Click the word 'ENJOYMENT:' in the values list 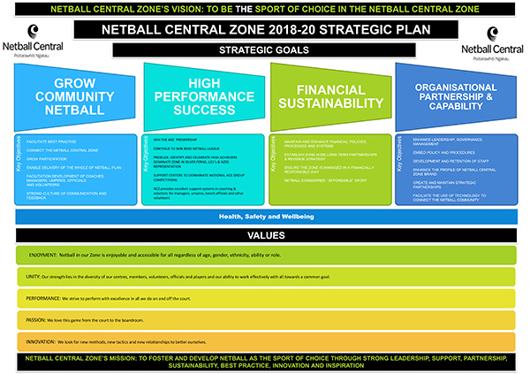[x=44, y=255]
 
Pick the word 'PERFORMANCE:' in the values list [x=47, y=299]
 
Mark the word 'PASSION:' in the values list [x=40, y=319]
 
